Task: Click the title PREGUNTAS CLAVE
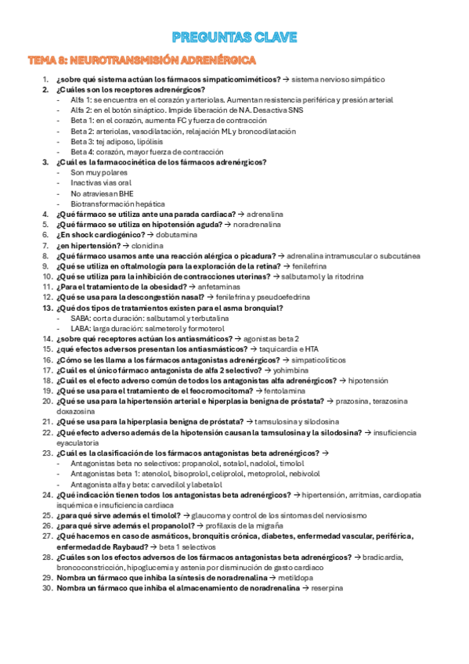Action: (x=234, y=37)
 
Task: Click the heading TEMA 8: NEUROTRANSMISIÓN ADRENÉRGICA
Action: (x=141, y=60)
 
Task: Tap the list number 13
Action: (x=47, y=308)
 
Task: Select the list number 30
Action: (x=47, y=587)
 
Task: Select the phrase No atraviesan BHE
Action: (x=102, y=193)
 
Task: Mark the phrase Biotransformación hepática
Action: (x=117, y=203)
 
